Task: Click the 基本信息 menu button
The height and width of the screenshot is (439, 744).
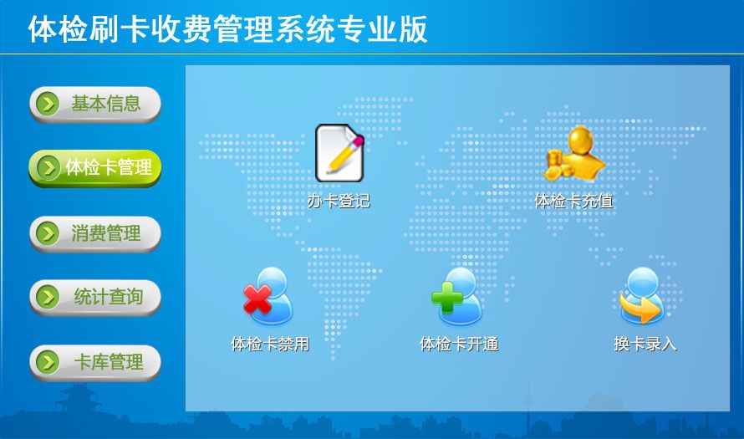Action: tap(95, 104)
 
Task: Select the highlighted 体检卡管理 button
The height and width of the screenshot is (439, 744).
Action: tap(95, 167)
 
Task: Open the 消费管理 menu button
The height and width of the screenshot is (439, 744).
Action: tap(95, 233)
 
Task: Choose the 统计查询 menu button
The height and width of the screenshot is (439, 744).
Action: tap(95, 297)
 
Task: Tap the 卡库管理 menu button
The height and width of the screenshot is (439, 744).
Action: tap(95, 363)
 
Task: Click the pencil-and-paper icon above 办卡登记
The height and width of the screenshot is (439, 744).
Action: tap(339, 153)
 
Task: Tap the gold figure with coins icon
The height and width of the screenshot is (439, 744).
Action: tap(574, 154)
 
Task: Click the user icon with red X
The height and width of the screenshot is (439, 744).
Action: tap(268, 297)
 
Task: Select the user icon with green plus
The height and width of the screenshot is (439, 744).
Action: tap(457, 297)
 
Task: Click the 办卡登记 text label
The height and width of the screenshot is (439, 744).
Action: tap(339, 202)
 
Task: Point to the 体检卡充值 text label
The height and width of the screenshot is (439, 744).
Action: tap(574, 202)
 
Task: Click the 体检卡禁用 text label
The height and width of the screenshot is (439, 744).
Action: tap(270, 344)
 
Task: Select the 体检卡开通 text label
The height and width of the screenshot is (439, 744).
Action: tap(459, 344)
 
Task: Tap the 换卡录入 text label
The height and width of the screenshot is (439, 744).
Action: tap(645, 344)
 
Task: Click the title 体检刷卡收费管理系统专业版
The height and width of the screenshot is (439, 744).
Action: tap(227, 29)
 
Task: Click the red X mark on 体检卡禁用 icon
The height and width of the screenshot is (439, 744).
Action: tap(257, 299)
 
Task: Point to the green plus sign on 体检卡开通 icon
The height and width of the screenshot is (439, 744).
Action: tap(447, 298)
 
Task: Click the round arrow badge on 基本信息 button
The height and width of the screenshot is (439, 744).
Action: tap(48, 104)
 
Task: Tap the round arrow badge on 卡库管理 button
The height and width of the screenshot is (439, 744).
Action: tap(48, 363)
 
